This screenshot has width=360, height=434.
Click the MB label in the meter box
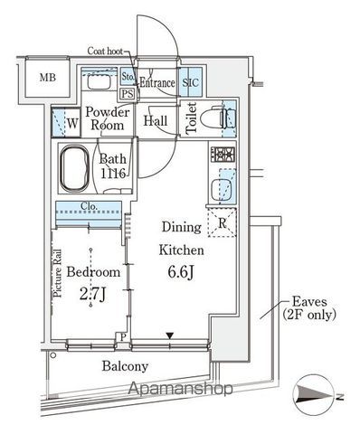pyautogui.click(x=48, y=78)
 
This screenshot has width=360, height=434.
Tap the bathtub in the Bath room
pyautogui.click(x=75, y=168)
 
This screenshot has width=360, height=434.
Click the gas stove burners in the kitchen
pyautogui.click(x=223, y=155)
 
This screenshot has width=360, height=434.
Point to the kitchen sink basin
pyautogui.click(x=221, y=190)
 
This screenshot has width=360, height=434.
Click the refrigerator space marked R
pyautogui.click(x=222, y=222)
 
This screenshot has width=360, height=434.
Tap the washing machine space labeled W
pyautogui.click(x=66, y=123)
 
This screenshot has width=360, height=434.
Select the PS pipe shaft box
pyautogui.click(x=128, y=94)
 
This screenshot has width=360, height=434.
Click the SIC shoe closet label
pyautogui.click(x=191, y=82)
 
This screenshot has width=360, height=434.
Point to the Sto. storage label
pyautogui.click(x=128, y=77)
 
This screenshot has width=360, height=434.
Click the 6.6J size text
pyautogui.click(x=181, y=272)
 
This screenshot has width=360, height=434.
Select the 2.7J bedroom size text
pyautogui.click(x=92, y=294)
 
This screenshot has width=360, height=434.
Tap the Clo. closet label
pyautogui.click(x=89, y=206)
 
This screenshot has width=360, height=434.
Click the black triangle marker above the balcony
pyautogui.click(x=170, y=335)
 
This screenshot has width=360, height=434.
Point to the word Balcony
pyautogui.click(x=125, y=366)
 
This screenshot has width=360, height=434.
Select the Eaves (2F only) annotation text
pyautogui.click(x=309, y=308)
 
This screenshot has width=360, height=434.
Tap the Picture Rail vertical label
pyautogui.click(x=57, y=273)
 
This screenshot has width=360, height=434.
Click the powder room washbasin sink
pyautogui.click(x=99, y=82)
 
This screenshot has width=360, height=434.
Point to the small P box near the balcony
pyautogui.click(x=122, y=337)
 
